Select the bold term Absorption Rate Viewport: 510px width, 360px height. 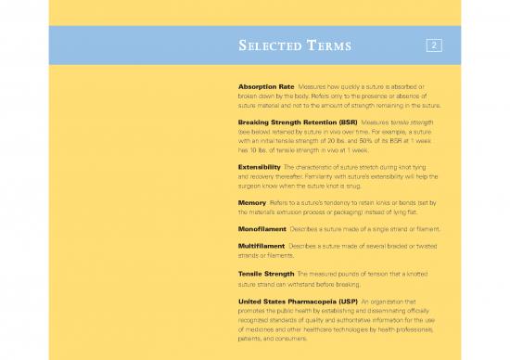point(266,85)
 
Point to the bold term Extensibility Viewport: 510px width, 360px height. point(261,165)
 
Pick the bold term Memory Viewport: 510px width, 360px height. point(253,201)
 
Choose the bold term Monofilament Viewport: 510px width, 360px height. point(263,228)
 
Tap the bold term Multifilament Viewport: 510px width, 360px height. point(262,245)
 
